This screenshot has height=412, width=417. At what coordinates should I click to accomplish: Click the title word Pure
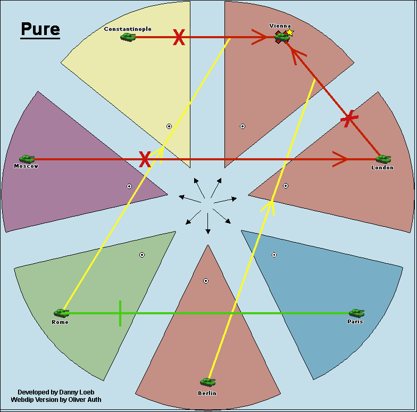coord(40,29)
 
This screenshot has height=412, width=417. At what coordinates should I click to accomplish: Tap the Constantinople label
coord(128,29)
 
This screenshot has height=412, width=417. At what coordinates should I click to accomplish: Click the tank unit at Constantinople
coord(128,37)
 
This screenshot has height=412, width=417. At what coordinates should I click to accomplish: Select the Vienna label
coord(280,25)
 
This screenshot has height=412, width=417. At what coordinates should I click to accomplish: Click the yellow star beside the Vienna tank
coord(290,32)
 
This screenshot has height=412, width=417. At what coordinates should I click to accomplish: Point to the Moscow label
coord(26,166)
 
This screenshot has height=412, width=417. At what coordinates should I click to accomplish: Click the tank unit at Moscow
coord(27,158)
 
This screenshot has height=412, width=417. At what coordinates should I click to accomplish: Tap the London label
coord(382,167)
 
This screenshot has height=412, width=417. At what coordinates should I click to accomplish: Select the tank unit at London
coord(383,158)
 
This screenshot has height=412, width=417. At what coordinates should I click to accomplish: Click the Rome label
coord(60,322)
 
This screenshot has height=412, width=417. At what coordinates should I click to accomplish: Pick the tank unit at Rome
coord(61,313)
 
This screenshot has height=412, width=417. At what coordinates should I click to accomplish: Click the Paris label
coord(355,321)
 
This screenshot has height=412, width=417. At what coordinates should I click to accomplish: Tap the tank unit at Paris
coord(356,313)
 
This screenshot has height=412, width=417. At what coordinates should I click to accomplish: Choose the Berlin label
coord(207,393)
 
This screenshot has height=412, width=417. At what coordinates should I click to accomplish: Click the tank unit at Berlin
coord(207,382)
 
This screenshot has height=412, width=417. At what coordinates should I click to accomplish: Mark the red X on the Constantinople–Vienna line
coord(179,37)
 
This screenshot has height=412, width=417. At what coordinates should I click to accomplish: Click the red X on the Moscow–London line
coord(145,159)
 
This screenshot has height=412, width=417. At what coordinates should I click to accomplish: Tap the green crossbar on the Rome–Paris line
coord(120,313)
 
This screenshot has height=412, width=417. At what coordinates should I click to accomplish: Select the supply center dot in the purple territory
coord(129,186)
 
